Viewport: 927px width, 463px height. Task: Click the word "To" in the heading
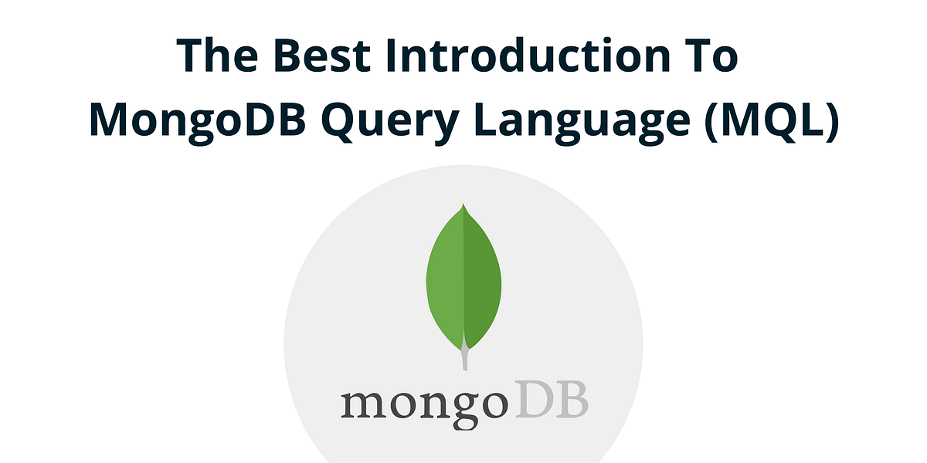(x=711, y=56)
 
